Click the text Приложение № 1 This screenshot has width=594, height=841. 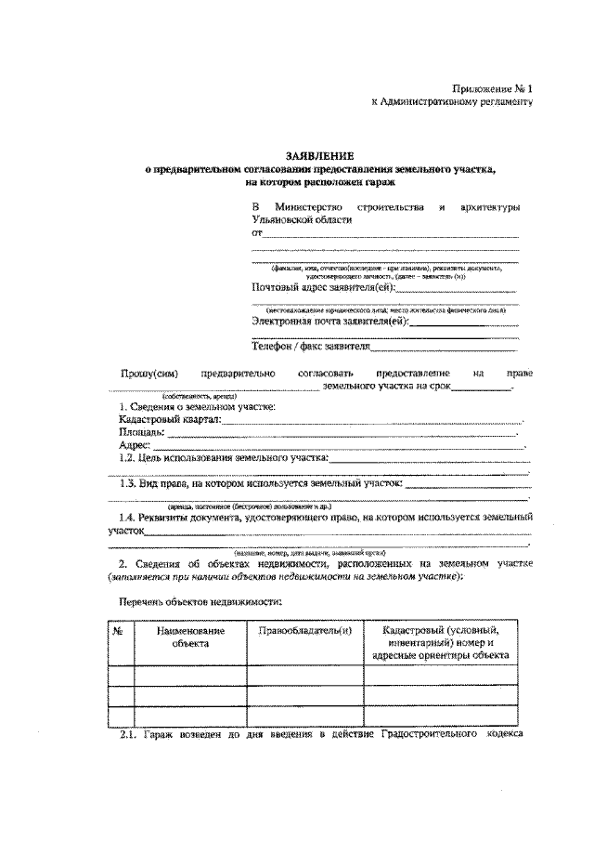tap(494, 88)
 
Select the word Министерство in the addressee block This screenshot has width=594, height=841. tap(309, 204)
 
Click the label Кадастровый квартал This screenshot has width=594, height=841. tap(158, 421)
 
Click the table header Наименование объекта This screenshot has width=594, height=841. tap(190, 637)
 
